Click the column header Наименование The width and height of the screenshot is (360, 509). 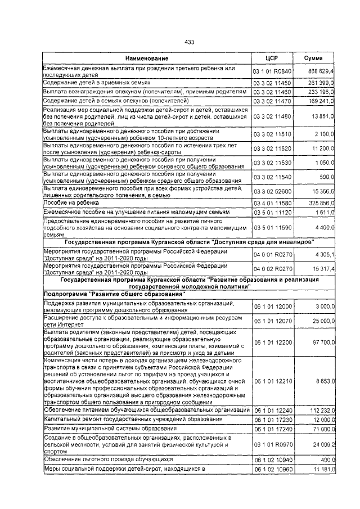click(146, 58)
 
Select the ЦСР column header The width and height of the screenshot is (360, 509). click(272, 58)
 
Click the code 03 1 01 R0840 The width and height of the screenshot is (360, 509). click(272, 72)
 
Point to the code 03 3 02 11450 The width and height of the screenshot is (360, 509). click(272, 83)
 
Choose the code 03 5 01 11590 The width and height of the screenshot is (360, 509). click(272, 228)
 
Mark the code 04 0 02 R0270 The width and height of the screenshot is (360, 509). click(272, 269)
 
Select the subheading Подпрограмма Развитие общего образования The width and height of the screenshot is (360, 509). click(114, 294)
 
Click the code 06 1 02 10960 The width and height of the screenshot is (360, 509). click(272, 469)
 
